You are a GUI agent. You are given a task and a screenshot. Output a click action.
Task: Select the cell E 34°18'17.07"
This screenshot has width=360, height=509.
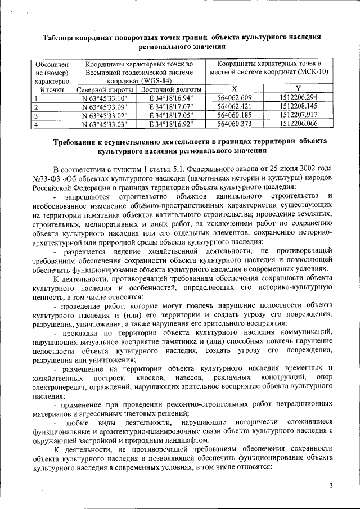click(171, 107)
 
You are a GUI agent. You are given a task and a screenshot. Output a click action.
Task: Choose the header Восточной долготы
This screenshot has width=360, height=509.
click(171, 89)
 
